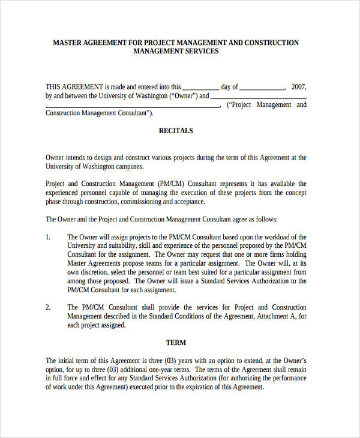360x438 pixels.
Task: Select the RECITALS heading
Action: coord(176,130)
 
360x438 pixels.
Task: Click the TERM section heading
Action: coord(176,343)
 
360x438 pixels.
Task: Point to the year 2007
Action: coord(298,86)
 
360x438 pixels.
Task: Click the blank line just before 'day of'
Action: coord(200,88)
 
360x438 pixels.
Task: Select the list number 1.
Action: coord(48,237)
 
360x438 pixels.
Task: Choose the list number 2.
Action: coord(48,307)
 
